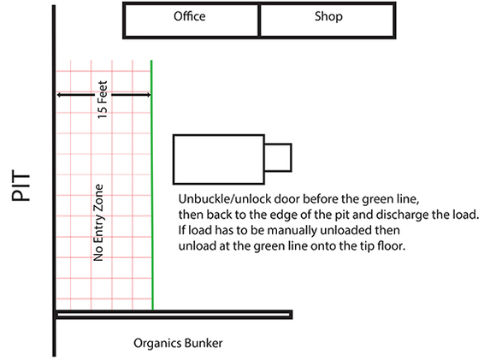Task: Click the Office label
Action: click(x=190, y=16)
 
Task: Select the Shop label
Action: click(x=328, y=16)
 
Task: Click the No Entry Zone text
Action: click(x=99, y=221)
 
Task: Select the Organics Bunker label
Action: click(x=178, y=344)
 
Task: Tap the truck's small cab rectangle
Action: click(x=277, y=157)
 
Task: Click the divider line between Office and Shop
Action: click(x=259, y=21)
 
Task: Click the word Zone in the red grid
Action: click(x=99, y=196)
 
